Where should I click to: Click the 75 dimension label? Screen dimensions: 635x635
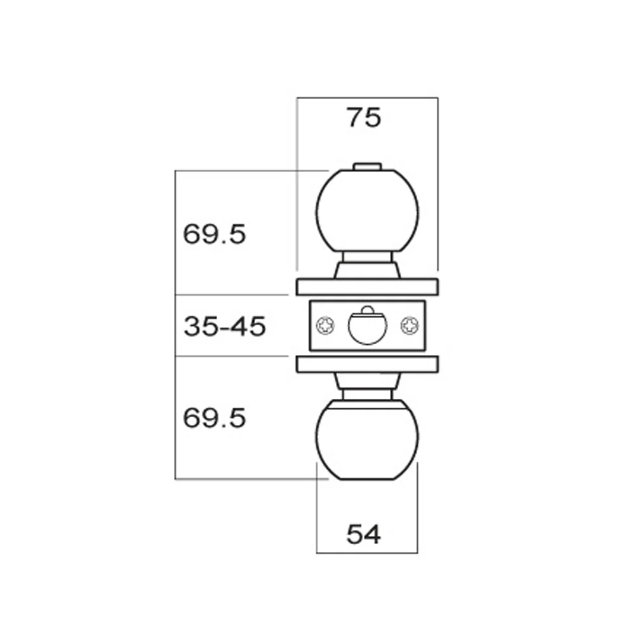click(363, 118)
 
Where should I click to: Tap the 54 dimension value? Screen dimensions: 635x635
click(363, 535)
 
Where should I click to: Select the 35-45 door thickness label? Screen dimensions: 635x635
click(225, 326)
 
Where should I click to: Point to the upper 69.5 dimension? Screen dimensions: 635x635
click(214, 234)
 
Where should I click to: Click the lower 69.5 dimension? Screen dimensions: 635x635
click(214, 418)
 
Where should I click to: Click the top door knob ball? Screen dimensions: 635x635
click(367, 211)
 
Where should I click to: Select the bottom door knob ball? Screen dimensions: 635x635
click(367, 440)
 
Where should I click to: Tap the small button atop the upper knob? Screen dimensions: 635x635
click(367, 166)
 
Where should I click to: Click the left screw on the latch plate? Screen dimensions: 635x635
click(326, 326)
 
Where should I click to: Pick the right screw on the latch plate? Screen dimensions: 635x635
click(410, 326)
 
